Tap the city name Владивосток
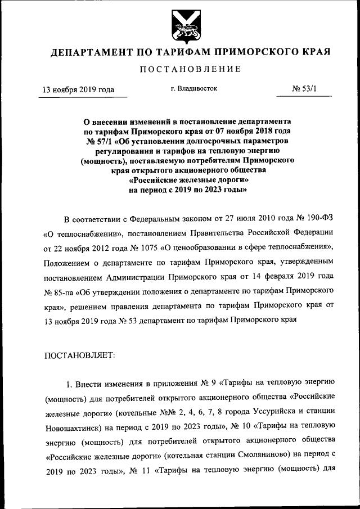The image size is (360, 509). tap(193, 89)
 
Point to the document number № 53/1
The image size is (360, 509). tap(306, 89)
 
